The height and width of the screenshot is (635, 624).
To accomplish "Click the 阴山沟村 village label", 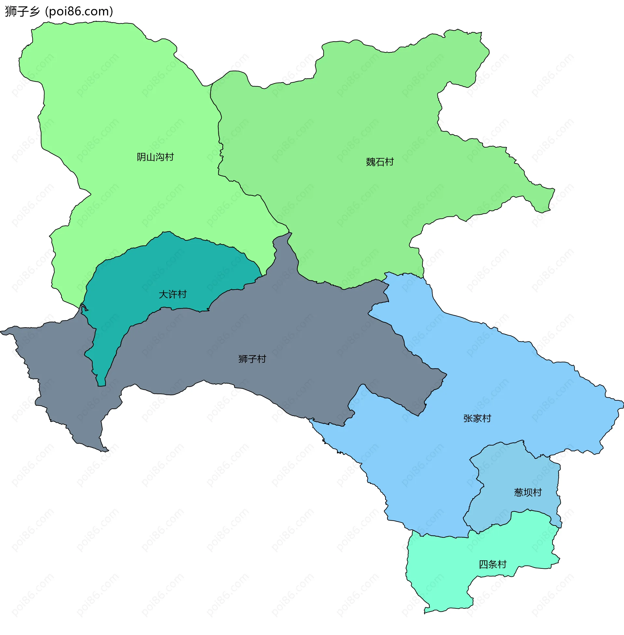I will [x=155, y=157].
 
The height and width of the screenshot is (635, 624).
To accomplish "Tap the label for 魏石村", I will [x=380, y=162].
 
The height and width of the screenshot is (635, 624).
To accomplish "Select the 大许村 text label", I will [x=172, y=294].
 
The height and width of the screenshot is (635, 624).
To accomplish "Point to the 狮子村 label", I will [x=252, y=359].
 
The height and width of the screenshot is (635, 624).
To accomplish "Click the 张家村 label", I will [x=477, y=419].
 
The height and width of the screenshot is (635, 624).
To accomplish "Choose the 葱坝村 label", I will [x=528, y=492].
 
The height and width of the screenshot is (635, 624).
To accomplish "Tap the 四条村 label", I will [x=493, y=564].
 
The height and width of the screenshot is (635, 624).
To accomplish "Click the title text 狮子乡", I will [x=22, y=11].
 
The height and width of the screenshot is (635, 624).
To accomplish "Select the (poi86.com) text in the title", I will [x=79, y=11].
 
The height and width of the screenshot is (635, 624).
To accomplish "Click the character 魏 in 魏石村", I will [x=371, y=162].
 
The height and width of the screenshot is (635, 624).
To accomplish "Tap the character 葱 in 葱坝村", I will [x=519, y=492].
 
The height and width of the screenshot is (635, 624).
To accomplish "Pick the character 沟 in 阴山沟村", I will [x=160, y=157].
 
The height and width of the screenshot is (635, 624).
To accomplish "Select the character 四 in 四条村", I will [x=484, y=564].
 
